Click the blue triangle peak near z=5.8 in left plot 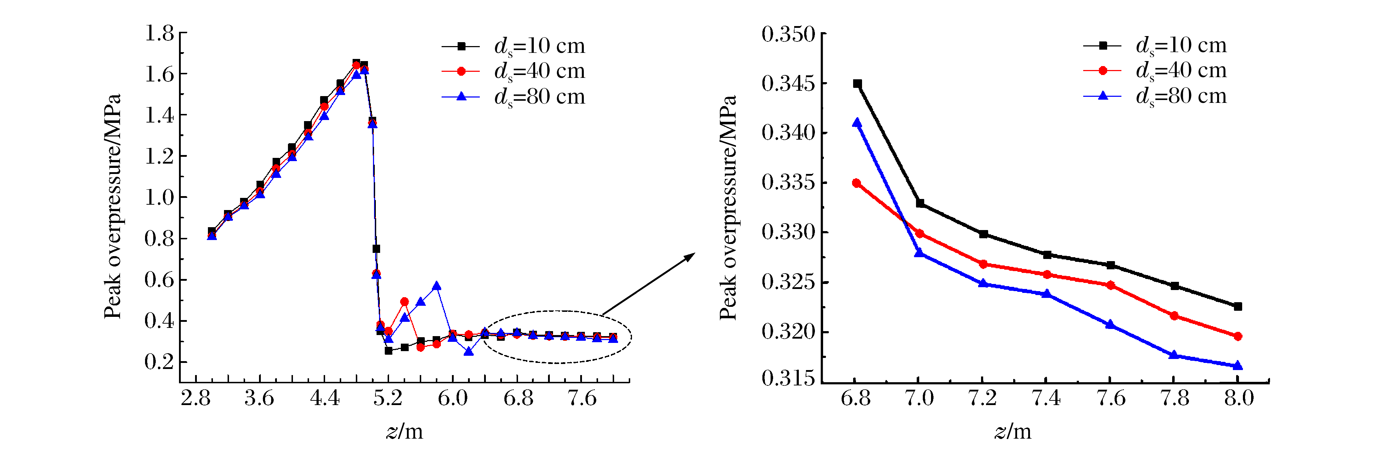coord(437,286)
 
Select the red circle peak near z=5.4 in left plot coord(404,302)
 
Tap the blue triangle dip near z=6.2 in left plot coord(469,351)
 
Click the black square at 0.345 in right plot coord(857,84)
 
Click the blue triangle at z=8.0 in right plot coord(1238,366)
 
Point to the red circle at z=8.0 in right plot coord(1238,336)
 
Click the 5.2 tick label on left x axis coord(388,398)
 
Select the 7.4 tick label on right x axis coord(1046,398)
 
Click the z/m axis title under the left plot coord(404,431)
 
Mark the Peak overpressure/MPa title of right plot coord(728,208)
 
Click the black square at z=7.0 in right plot coord(920,203)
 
